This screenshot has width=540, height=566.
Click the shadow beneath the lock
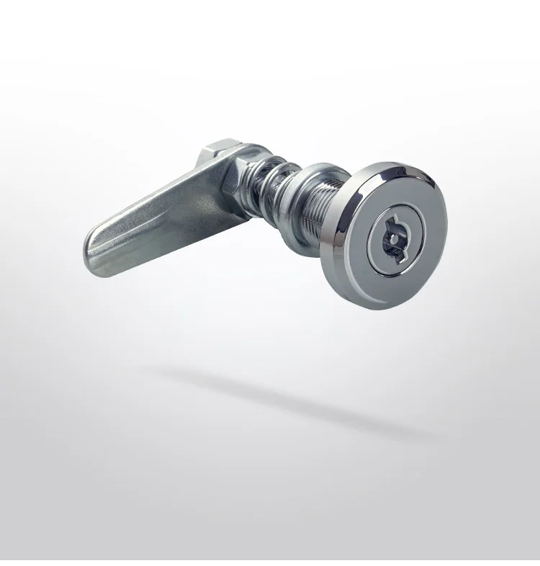click(288, 396)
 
